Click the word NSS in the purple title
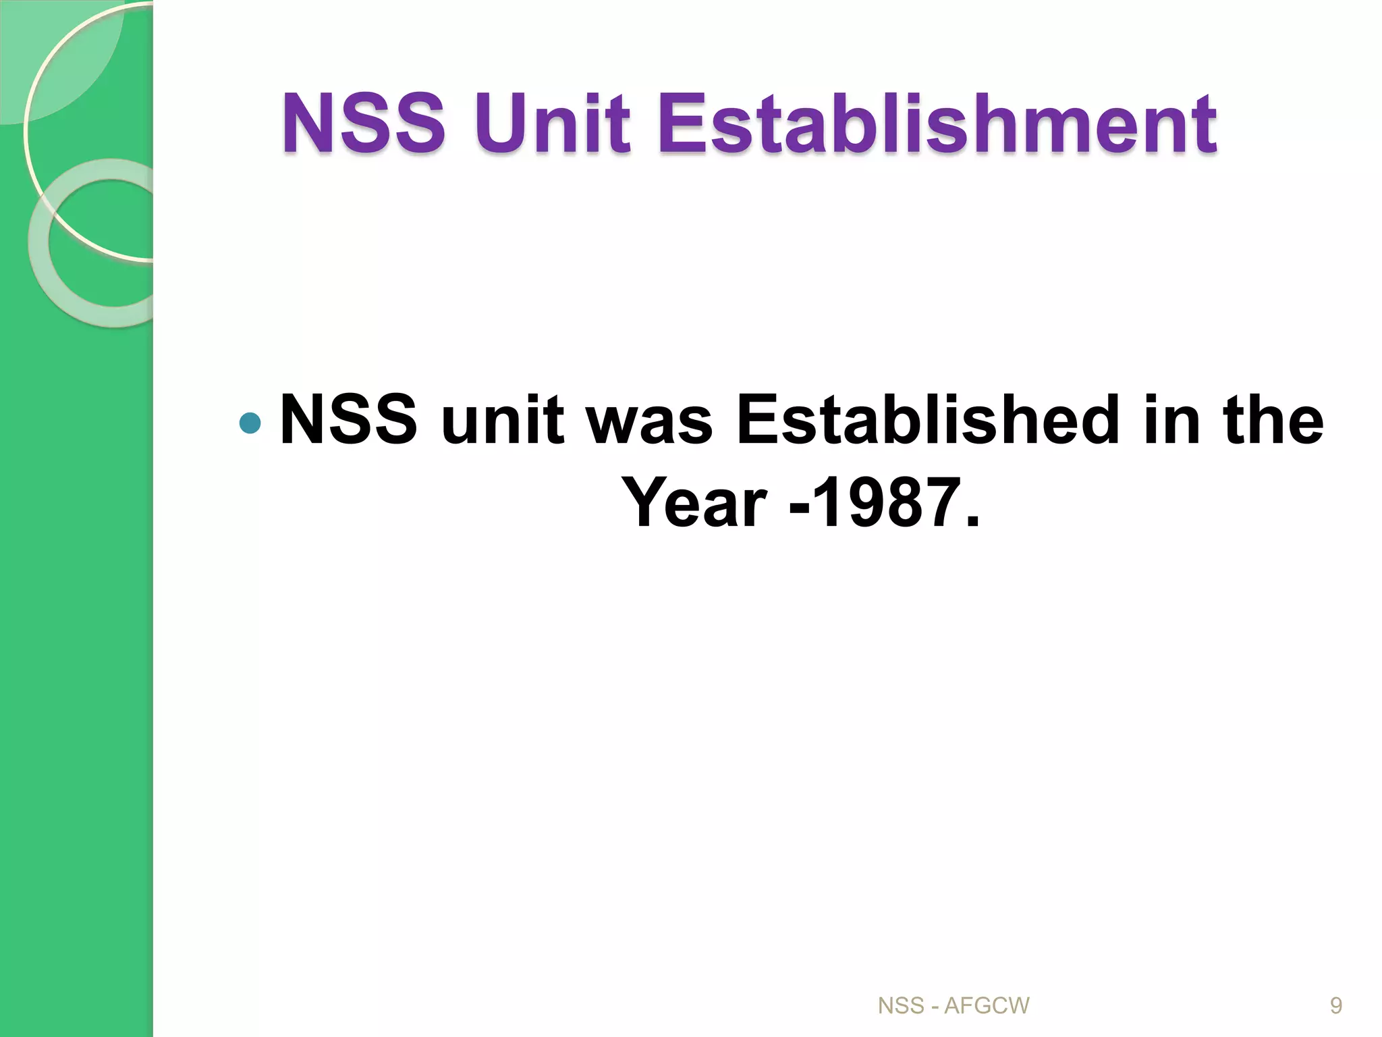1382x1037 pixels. pyautogui.click(x=364, y=124)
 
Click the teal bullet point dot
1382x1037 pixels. pyautogui.click(x=250, y=423)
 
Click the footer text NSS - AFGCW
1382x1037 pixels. pyautogui.click(x=953, y=1006)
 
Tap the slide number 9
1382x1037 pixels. pyautogui.click(x=1335, y=1006)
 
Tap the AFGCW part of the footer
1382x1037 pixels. pyautogui.click(x=986, y=1006)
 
